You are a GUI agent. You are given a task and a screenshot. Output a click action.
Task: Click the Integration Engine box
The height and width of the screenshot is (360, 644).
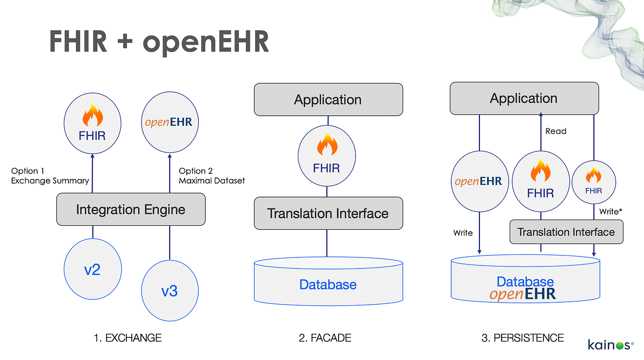tap(131, 210)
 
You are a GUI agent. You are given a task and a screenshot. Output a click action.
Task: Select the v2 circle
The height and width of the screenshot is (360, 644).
tap(93, 269)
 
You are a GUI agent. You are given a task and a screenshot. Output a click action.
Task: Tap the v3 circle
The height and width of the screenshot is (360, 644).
tap(170, 291)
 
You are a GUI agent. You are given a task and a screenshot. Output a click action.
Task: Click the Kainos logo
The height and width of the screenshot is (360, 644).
tap(610, 345)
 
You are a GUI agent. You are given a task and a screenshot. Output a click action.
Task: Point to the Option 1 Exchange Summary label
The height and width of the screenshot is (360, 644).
tap(50, 175)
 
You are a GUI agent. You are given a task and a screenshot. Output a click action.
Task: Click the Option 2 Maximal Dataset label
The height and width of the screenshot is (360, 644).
tap(211, 175)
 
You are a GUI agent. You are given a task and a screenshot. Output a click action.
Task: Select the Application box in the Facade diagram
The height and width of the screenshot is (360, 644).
tap(328, 100)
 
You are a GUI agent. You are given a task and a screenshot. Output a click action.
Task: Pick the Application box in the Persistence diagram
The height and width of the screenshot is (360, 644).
tap(524, 99)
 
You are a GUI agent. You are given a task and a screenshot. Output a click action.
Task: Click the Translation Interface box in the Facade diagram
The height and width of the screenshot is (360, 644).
tap(328, 214)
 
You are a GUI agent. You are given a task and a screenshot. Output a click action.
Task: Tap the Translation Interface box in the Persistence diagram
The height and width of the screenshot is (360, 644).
tap(566, 232)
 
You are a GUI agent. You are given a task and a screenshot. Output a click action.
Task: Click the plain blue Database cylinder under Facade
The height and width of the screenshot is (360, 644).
tap(328, 285)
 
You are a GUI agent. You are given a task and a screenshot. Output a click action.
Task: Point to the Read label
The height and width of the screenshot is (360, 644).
tap(556, 131)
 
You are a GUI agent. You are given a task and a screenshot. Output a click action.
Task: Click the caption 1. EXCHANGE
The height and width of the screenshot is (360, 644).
tap(127, 338)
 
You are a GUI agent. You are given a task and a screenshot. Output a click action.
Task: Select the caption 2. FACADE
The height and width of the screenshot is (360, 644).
tap(325, 338)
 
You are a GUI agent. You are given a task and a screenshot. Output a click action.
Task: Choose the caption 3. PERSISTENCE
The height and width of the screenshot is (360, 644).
tap(523, 338)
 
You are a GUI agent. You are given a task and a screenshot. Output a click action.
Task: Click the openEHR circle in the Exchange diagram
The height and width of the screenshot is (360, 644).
tap(169, 122)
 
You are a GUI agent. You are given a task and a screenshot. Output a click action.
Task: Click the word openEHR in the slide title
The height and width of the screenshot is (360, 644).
tap(206, 42)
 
